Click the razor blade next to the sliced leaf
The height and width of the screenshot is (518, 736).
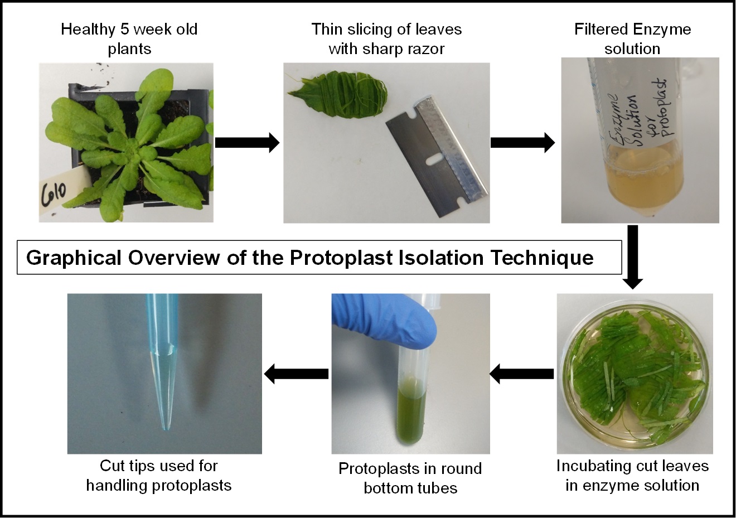pyautogui.click(x=437, y=158)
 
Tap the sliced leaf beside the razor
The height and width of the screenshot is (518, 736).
pyautogui.click(x=338, y=97)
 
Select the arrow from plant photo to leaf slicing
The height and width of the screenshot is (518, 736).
pyautogui.click(x=247, y=143)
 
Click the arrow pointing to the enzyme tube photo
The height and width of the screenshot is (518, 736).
pyautogui.click(x=523, y=143)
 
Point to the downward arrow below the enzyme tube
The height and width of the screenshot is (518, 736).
pyautogui.click(x=633, y=257)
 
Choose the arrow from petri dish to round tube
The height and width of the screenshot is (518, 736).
pyautogui.click(x=522, y=374)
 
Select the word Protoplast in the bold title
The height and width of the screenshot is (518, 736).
pyautogui.click(x=341, y=258)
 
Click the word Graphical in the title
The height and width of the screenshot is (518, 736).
pyautogui.click(x=74, y=258)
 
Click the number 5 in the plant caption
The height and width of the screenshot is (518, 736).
pyautogui.click(x=124, y=29)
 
